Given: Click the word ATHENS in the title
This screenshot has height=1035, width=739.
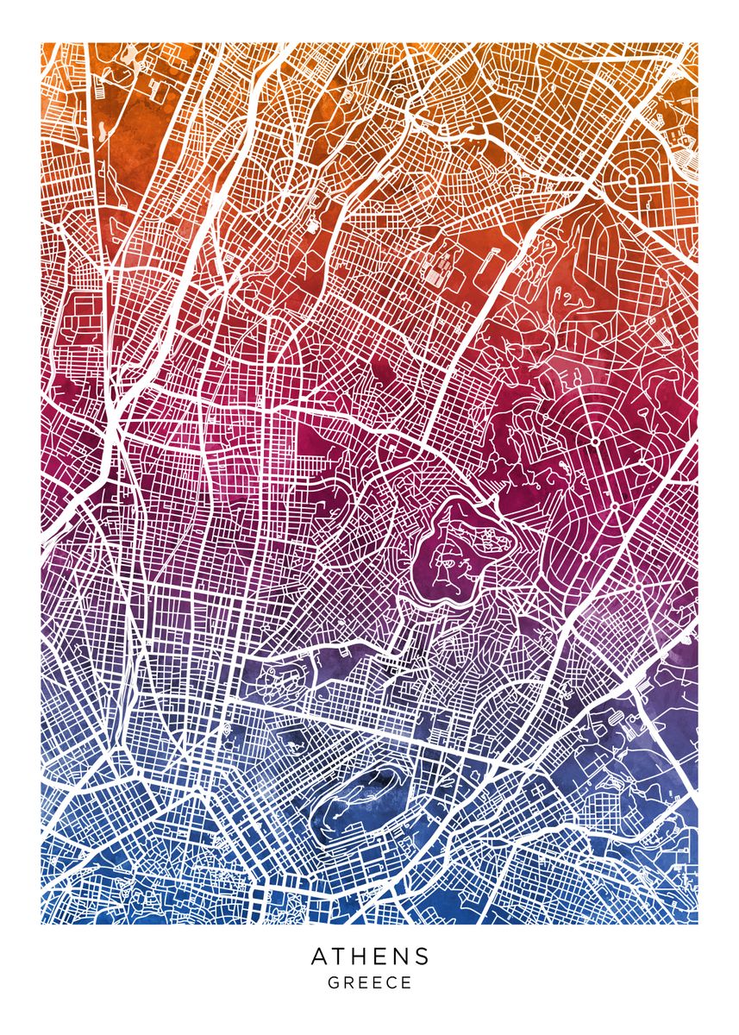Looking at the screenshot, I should click(x=370, y=957).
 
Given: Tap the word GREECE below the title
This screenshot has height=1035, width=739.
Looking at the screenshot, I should click(x=370, y=982).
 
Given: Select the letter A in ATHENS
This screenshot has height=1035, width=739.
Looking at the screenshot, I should click(x=319, y=957).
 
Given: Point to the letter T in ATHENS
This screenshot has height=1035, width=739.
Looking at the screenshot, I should click(x=340, y=957).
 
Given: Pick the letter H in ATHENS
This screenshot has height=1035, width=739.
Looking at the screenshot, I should click(x=360, y=957).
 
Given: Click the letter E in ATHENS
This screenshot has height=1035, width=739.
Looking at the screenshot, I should click(x=380, y=957).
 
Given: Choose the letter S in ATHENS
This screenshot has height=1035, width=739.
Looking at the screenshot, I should click(x=422, y=957).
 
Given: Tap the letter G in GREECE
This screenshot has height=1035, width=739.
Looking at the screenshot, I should click(x=333, y=982).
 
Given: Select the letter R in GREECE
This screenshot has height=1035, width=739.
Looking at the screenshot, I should click(x=348, y=982).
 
